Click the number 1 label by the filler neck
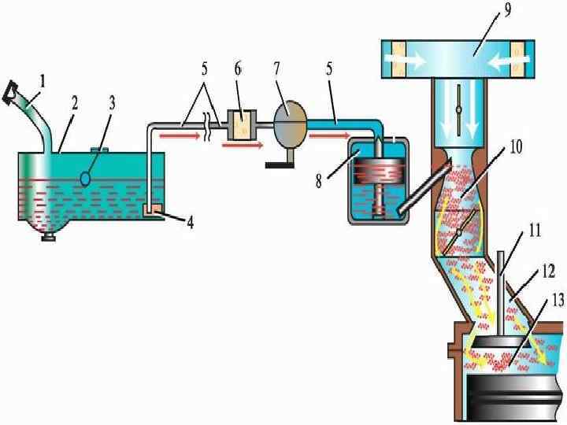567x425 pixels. coord(45,80)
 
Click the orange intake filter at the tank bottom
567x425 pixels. coord(154,209)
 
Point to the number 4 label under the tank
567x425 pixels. coord(189,222)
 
